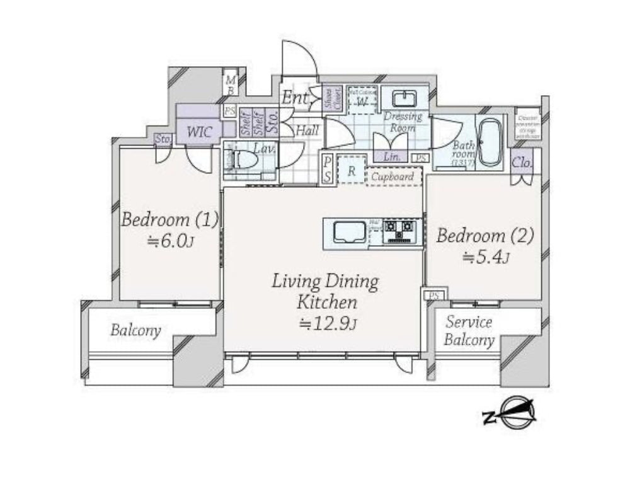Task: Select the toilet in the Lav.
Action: (x=245, y=160)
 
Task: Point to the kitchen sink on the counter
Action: (x=345, y=233)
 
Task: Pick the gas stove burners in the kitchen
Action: (x=399, y=232)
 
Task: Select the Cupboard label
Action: (x=393, y=176)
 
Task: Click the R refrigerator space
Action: (x=352, y=171)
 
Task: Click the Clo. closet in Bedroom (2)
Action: (x=522, y=163)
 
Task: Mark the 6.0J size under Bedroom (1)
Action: (x=170, y=241)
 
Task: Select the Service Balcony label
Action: (x=469, y=331)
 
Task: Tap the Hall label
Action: (x=307, y=130)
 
